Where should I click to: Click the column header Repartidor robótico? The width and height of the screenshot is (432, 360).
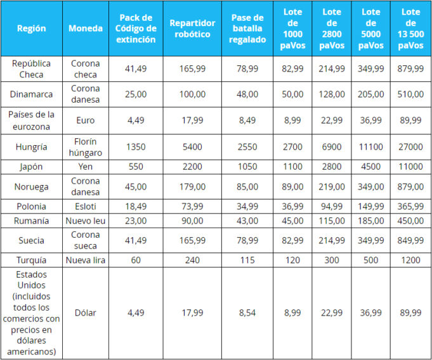[x=192, y=29]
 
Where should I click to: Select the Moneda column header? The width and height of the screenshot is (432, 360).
[x=86, y=29]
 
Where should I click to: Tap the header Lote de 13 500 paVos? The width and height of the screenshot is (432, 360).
[x=411, y=29]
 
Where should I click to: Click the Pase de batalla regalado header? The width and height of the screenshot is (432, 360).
[x=248, y=29]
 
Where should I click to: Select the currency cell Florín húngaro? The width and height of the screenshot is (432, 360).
[x=86, y=146]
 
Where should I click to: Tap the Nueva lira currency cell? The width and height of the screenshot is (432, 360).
[x=86, y=259]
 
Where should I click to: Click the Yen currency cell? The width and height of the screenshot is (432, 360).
[x=86, y=166]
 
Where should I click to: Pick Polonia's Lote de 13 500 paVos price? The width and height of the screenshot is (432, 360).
[x=411, y=207]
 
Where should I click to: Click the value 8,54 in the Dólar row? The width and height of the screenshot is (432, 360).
[x=248, y=312]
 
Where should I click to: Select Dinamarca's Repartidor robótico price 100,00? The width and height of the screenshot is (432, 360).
[x=192, y=94]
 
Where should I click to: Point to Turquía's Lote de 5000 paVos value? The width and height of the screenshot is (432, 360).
[x=371, y=259]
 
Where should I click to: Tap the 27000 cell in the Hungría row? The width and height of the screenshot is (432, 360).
[x=411, y=146]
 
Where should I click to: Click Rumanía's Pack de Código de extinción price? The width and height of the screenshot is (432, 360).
[x=136, y=221]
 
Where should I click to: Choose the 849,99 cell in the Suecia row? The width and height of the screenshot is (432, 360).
[x=411, y=240]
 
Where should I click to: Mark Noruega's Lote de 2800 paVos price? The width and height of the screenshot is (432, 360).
[x=332, y=186]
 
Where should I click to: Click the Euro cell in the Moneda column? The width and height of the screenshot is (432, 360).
[x=86, y=120]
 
